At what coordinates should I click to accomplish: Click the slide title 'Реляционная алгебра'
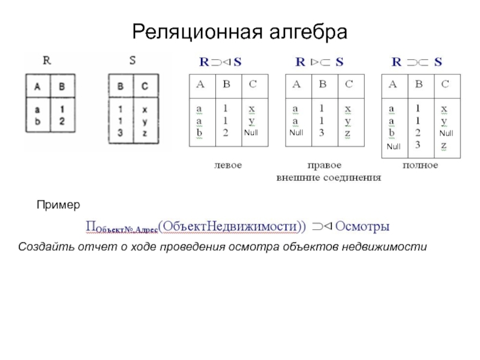(x=240, y=31)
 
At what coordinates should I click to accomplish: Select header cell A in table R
(x=37, y=86)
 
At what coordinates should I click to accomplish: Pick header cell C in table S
(x=145, y=86)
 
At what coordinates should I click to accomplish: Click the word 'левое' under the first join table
(x=228, y=164)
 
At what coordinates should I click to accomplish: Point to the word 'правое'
(x=324, y=164)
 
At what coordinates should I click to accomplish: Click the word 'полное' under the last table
(x=420, y=164)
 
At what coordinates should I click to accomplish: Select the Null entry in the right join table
(x=296, y=133)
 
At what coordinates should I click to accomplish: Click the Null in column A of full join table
(x=393, y=146)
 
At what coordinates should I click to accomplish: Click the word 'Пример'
(x=58, y=205)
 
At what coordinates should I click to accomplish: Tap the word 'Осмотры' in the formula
(x=362, y=227)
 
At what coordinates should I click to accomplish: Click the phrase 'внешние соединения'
(x=329, y=178)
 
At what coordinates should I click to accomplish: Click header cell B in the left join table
(x=226, y=85)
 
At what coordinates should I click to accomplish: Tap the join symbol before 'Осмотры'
(x=322, y=227)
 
